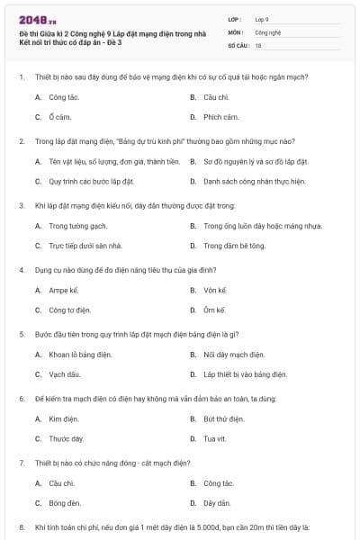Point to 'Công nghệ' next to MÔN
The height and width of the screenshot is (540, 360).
point(267,31)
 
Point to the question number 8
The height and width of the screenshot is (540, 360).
point(21,526)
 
